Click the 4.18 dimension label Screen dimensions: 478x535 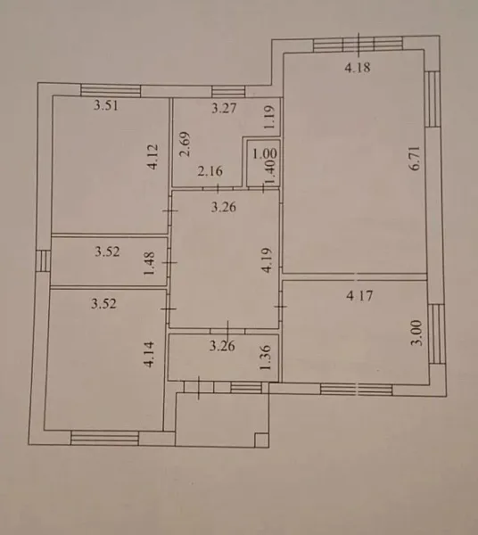tap(358, 68)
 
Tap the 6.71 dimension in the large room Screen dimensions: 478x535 tap(416, 159)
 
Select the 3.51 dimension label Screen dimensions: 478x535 tap(106, 105)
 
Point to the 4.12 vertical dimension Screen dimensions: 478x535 tap(152, 157)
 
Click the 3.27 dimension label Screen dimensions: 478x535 tap(224, 108)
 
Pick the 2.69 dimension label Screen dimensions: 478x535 tap(185, 144)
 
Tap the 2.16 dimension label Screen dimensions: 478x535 tap(210, 171)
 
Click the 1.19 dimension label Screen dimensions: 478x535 tap(269, 117)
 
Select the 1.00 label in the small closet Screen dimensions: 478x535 tap(265, 154)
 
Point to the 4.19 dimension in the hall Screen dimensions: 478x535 tap(268, 260)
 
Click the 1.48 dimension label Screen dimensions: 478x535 tap(150, 264)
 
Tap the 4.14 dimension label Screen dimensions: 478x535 tap(149, 355)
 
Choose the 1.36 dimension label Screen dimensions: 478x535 tap(265, 358)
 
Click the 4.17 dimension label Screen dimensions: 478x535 tap(359, 295)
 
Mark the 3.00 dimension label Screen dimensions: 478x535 tap(417, 333)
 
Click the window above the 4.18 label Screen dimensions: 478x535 tap(358, 45)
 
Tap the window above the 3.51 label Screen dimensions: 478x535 tap(111, 90)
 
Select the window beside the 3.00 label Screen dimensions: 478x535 tap(437, 334)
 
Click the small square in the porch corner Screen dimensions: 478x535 tap(261, 440)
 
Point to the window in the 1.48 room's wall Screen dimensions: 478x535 tap(43, 261)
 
